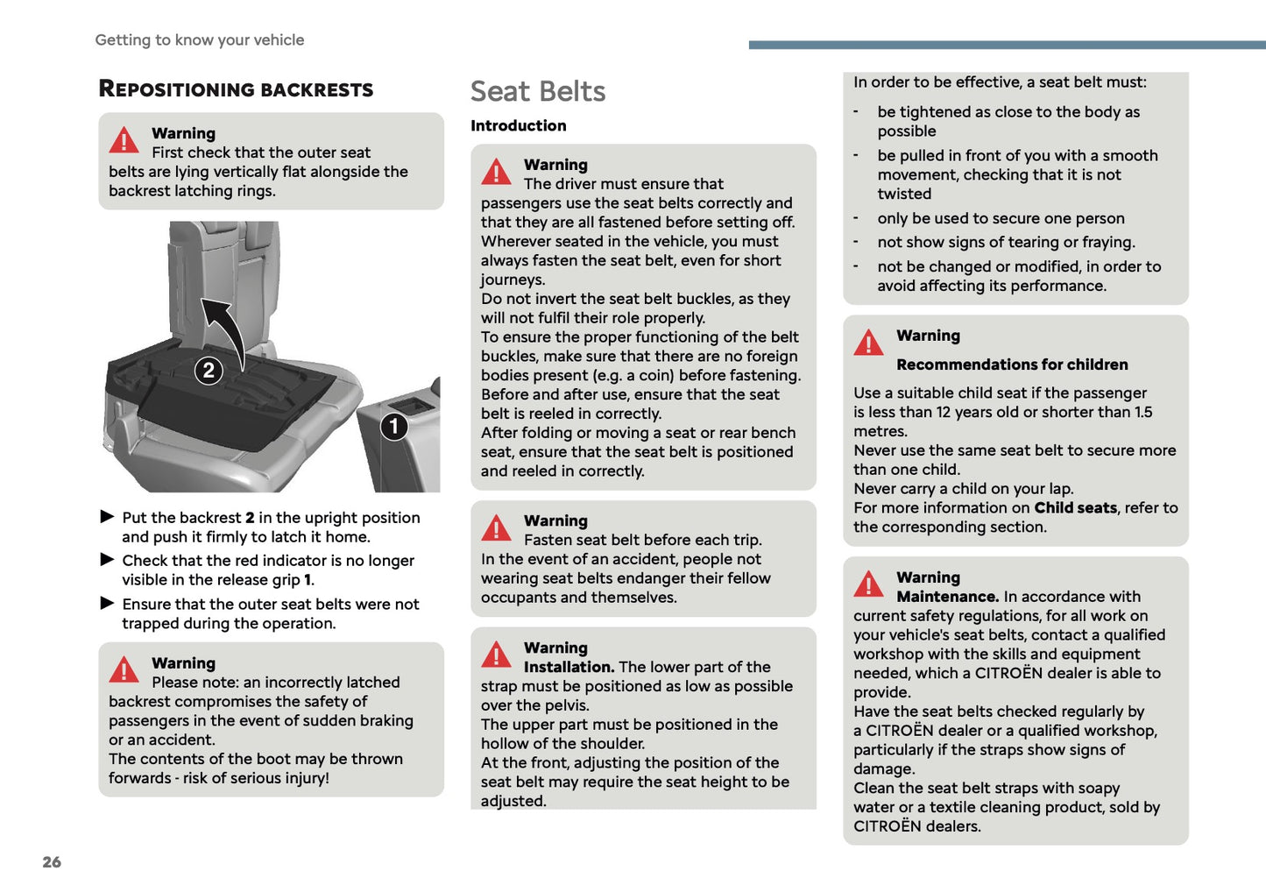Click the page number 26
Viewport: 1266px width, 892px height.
pyautogui.click(x=52, y=861)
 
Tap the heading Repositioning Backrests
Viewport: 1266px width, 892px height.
pyautogui.click(x=236, y=89)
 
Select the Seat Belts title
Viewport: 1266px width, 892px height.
pyautogui.click(x=538, y=91)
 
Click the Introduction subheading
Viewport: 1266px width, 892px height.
pyautogui.click(x=518, y=125)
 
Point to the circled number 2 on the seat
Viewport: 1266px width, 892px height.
pyautogui.click(x=209, y=371)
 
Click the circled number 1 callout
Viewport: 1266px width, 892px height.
pyautogui.click(x=394, y=427)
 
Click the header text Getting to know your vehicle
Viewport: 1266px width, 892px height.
pyautogui.click(x=200, y=39)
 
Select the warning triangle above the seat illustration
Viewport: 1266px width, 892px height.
pyautogui.click(x=124, y=140)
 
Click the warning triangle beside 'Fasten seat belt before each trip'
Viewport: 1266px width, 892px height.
pyautogui.click(x=496, y=528)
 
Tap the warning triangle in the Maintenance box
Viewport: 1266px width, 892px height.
pyautogui.click(x=868, y=584)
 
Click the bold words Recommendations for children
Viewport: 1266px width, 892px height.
pyautogui.click(x=1012, y=365)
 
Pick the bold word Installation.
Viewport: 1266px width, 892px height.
pyautogui.click(x=569, y=667)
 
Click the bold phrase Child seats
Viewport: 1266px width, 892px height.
pyautogui.click(x=1075, y=507)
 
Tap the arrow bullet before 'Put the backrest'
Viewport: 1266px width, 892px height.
pyautogui.click(x=108, y=517)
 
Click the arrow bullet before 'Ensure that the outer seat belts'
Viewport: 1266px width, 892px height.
pyautogui.click(x=108, y=603)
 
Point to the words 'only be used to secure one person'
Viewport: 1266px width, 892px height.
pyautogui.click(x=1001, y=218)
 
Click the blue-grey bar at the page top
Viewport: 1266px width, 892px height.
pyautogui.click(x=1007, y=45)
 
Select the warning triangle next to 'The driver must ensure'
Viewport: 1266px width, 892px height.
pyautogui.click(x=496, y=173)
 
